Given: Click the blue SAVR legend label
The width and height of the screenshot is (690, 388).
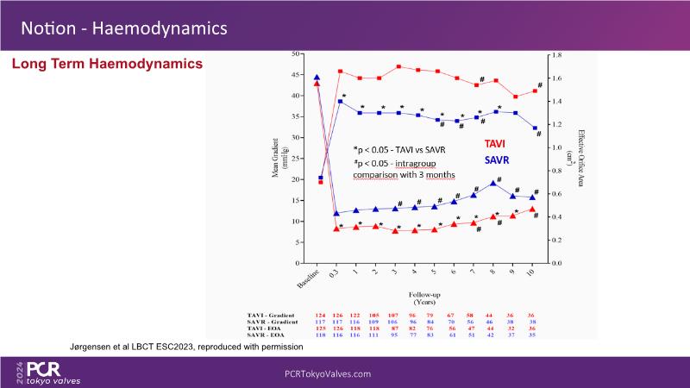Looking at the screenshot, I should (x=497, y=160).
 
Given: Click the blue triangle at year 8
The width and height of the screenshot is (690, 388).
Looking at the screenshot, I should (x=492, y=183).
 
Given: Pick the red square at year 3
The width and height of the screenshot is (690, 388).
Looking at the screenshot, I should (x=398, y=66).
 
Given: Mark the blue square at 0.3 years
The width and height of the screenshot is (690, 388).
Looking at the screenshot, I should (x=340, y=101).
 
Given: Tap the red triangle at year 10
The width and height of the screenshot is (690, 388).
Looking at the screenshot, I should (x=532, y=210).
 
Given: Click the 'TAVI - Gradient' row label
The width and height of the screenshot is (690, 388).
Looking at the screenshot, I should (x=275, y=316).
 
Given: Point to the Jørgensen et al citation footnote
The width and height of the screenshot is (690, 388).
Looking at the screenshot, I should (x=186, y=346).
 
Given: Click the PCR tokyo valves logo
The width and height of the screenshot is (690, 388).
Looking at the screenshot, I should (x=52, y=372).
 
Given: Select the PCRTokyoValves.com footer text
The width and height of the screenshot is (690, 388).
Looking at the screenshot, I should (x=328, y=374).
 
